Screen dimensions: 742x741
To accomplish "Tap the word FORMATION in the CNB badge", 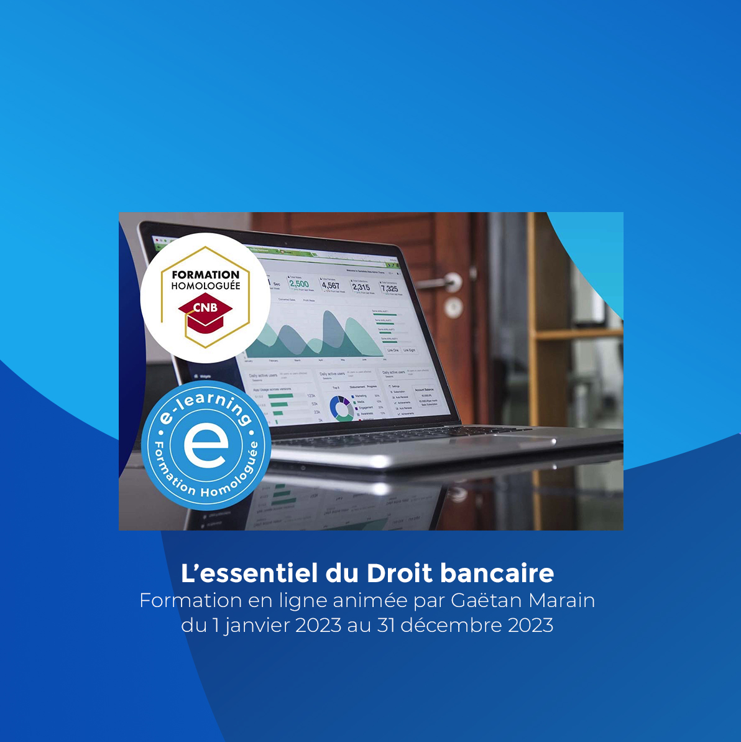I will click(x=205, y=274).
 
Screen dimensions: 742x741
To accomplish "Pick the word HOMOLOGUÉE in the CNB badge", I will click(x=205, y=286).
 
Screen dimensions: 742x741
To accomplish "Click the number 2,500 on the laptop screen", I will click(x=299, y=284).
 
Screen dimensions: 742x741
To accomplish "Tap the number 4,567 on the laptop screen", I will click(x=331, y=285).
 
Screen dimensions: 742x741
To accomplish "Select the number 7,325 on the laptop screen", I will click(x=389, y=289).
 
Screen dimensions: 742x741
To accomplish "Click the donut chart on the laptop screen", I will click(x=341, y=407).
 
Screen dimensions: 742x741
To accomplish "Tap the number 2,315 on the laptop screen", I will click(x=361, y=287).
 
